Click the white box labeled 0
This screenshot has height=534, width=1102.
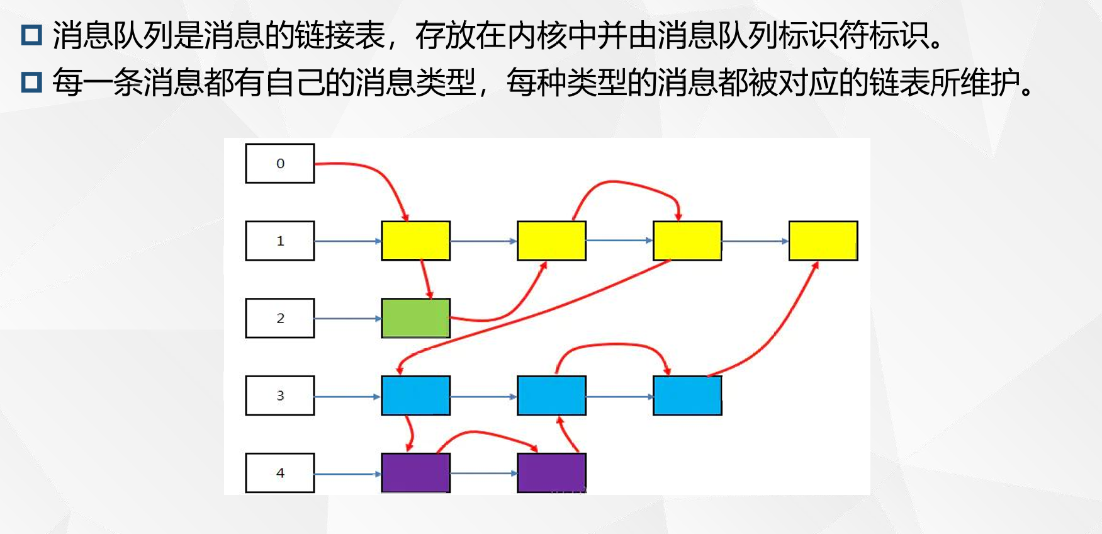(280, 164)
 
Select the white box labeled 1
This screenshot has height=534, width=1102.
(280, 241)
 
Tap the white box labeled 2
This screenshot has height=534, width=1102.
(280, 318)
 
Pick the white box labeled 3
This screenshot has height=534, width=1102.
(280, 395)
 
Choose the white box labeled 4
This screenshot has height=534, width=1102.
(280, 473)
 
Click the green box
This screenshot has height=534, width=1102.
(415, 318)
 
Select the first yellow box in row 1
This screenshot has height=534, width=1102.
(415, 241)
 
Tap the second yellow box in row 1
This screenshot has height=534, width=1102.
(551, 241)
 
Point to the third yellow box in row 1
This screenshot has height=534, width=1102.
(687, 241)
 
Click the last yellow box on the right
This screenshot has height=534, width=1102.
(823, 241)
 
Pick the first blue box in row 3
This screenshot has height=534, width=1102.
(415, 395)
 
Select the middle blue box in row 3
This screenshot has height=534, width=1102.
(551, 395)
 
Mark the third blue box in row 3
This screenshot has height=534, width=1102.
(687, 395)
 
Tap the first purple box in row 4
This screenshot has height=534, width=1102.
(415, 473)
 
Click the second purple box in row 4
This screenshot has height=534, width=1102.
(551, 473)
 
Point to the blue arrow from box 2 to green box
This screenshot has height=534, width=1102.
(347, 319)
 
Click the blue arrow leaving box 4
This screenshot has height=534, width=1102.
(347, 474)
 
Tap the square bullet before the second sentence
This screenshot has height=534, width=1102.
(31, 82)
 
